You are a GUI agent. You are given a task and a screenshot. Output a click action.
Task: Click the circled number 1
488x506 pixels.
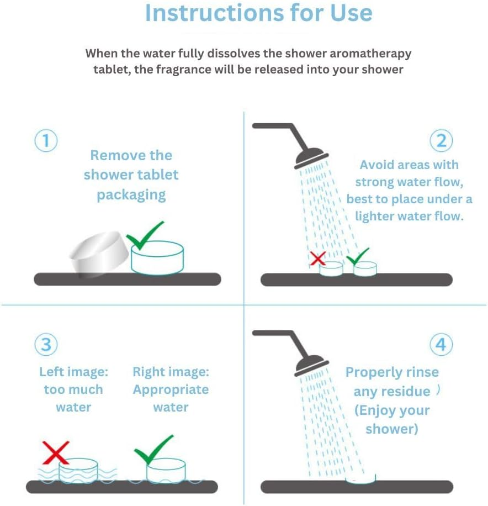[46, 141]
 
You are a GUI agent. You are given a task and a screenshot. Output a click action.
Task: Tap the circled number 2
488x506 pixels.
[441, 141]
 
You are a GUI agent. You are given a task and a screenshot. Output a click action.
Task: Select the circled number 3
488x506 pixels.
[46, 344]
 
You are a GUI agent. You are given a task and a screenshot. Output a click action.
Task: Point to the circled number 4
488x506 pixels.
[441, 344]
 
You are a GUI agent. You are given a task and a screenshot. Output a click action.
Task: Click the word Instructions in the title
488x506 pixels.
[214, 13]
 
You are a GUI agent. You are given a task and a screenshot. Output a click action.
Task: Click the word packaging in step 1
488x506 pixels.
[131, 195]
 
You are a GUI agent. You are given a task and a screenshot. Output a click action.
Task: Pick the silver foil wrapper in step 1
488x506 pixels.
[99, 254]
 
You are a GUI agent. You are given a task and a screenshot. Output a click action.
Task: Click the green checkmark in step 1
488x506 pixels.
[144, 235]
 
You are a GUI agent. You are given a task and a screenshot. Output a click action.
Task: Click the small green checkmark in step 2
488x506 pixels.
[357, 256]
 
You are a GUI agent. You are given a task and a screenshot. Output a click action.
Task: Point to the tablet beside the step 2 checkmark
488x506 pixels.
[365, 269]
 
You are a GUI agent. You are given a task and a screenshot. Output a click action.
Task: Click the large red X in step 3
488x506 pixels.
[56, 452]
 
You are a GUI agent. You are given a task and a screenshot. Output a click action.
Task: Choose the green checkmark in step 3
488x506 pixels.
[153, 450]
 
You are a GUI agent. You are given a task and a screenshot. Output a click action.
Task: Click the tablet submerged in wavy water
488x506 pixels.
[78, 471]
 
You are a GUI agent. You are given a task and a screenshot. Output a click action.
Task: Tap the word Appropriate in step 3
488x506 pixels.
[171, 389]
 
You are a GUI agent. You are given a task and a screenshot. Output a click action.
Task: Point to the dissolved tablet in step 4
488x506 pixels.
[360, 479]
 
